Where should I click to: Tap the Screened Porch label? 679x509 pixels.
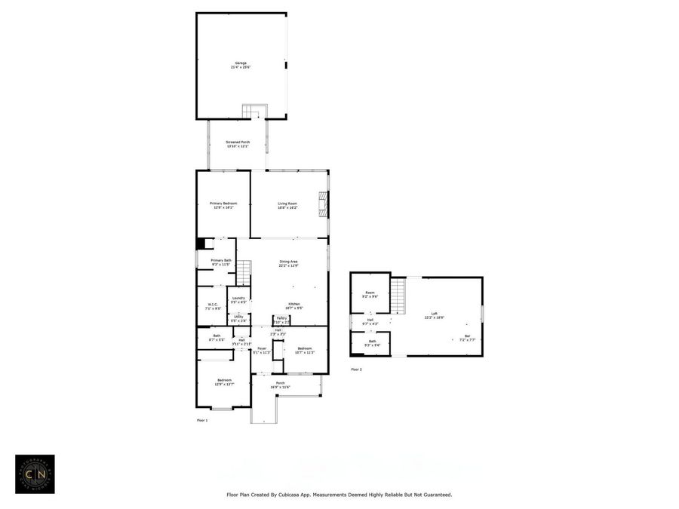tap(238, 143)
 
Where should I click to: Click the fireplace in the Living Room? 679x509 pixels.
tap(323, 204)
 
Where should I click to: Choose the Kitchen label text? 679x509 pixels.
tap(294, 305)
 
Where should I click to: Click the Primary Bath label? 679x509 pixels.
tap(221, 262)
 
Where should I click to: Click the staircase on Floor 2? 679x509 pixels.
tap(398, 296)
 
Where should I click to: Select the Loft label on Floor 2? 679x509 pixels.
tap(434, 314)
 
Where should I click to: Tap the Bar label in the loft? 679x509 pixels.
tap(467, 337)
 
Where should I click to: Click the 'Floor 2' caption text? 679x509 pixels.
tap(356, 369)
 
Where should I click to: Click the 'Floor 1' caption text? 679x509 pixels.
tap(202, 419)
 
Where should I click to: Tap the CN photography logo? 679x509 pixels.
tap(35, 474)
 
